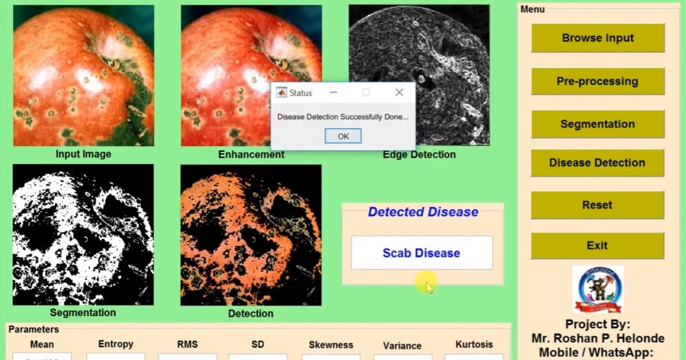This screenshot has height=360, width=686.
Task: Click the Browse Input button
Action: point(597,38)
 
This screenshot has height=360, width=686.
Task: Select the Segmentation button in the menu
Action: point(597,124)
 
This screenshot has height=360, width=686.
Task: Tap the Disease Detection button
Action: point(597,163)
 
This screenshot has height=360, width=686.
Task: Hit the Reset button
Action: point(597,205)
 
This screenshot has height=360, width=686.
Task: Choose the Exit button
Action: point(597,246)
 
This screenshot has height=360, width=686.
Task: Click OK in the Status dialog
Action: point(343,136)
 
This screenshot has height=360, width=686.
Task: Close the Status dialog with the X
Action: point(399,93)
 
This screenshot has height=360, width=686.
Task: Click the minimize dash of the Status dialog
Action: point(333,93)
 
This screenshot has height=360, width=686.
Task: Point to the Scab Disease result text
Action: point(421,253)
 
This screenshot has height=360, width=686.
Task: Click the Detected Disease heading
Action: point(423,212)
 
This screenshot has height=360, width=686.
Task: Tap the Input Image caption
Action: point(83,154)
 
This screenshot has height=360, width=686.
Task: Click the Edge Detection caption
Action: point(419,155)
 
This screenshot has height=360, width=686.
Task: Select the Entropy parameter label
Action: point(116,344)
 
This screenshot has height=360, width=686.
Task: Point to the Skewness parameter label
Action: point(331,345)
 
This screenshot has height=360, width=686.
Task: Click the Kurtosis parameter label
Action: point(474,345)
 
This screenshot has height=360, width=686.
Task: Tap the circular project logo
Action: point(597,290)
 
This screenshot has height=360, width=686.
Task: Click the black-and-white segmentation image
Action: point(83,235)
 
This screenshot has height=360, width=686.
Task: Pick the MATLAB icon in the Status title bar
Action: point(281,93)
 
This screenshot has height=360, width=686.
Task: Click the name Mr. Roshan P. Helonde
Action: point(597,338)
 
